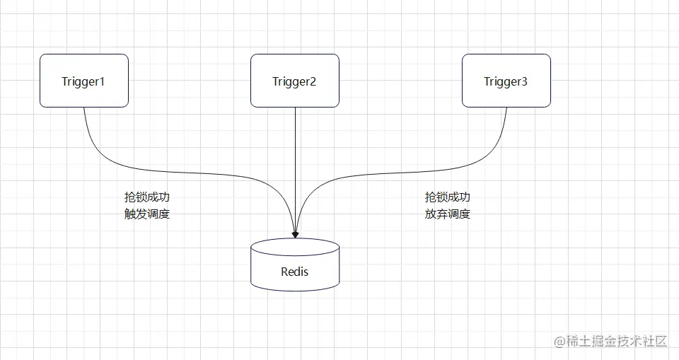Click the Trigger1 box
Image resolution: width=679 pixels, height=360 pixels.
pos(83,81)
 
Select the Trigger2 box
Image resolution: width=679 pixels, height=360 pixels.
pos(294,81)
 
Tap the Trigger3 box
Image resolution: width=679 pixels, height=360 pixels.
pos(506,81)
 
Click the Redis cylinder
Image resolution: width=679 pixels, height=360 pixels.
pos(294,269)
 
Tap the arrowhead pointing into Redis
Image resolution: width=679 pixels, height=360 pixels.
pos(294,233)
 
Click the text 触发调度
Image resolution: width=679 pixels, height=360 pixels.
pos(146,214)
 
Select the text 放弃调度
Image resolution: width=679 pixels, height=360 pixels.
pos(447,214)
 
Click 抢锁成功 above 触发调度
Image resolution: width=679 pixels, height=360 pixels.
pos(146,197)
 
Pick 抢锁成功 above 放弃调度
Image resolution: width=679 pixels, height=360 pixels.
pos(447,197)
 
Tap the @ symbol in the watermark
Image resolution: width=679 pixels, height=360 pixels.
pos(559,342)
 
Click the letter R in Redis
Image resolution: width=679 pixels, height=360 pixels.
pos(284,272)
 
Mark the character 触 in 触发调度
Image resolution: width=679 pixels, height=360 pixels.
pos(129,214)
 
